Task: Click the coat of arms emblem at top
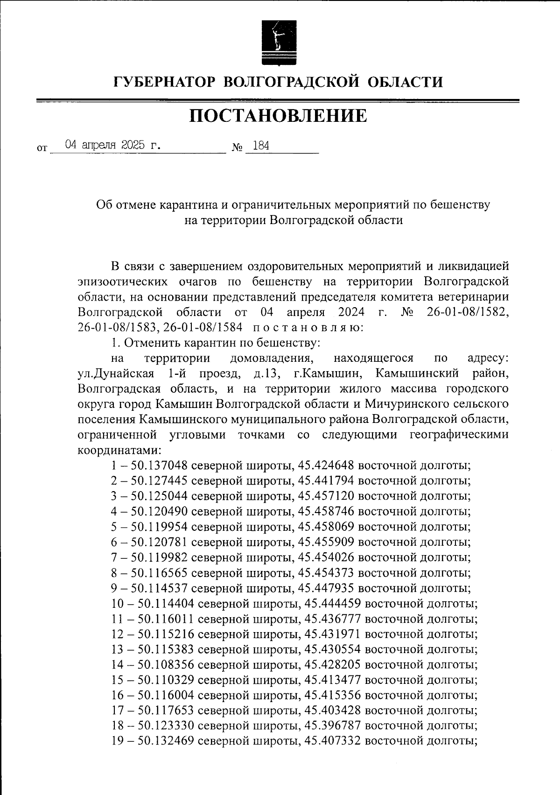(x=278, y=43)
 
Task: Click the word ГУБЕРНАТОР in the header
(x=165, y=82)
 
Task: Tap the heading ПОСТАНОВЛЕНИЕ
(x=278, y=116)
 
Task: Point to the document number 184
(x=260, y=146)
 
